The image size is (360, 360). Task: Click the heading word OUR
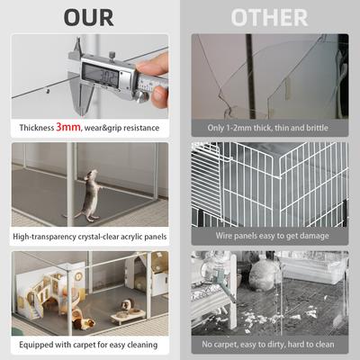click(87, 17)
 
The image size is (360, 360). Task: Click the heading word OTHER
click(268, 17)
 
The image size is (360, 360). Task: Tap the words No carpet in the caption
click(219, 345)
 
